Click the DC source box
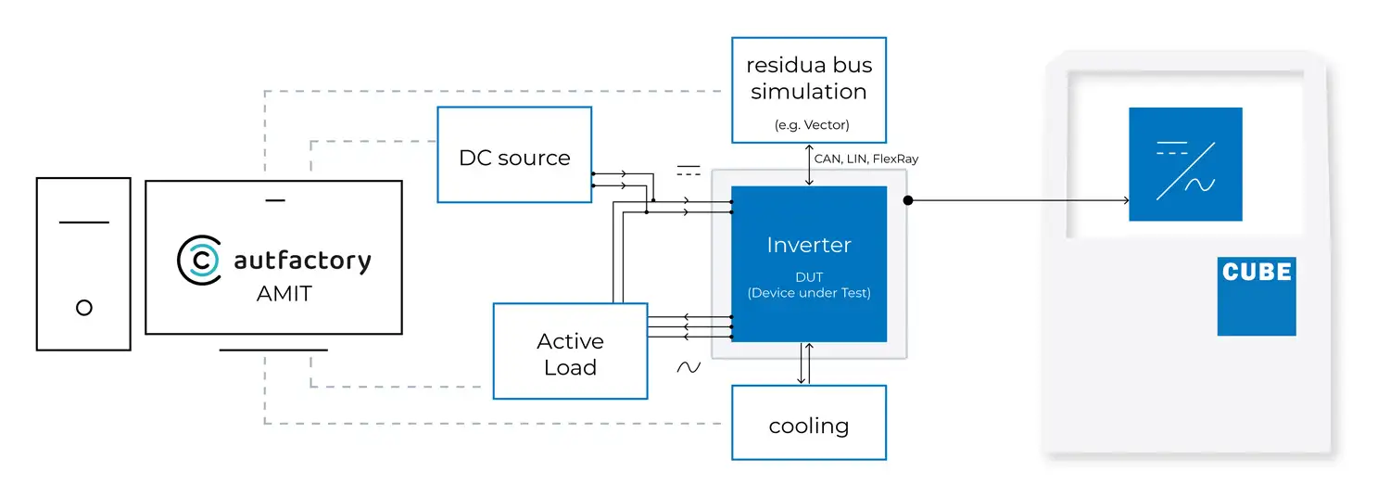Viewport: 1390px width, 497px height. pyautogui.click(x=514, y=155)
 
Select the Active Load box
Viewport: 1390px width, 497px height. pyautogui.click(x=570, y=351)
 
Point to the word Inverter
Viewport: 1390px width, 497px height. pyautogui.click(x=809, y=246)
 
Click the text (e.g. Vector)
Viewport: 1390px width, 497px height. pyautogui.click(x=809, y=124)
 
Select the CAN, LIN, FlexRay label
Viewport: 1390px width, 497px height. pyautogui.click(x=866, y=159)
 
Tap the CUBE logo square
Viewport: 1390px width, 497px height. pyautogui.click(x=1257, y=296)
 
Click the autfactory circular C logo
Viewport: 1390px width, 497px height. pyautogui.click(x=198, y=261)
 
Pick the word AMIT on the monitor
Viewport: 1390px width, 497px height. pyautogui.click(x=284, y=295)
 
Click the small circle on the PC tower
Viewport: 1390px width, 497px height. pyautogui.click(x=84, y=308)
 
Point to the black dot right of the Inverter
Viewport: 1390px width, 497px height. pyautogui.click(x=908, y=200)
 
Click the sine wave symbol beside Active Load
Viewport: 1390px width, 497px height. pyautogui.click(x=689, y=367)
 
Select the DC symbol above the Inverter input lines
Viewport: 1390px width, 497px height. pyautogui.click(x=689, y=171)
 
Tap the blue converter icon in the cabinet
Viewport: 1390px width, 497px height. pyautogui.click(x=1185, y=164)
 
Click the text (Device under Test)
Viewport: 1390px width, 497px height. pyautogui.click(x=809, y=293)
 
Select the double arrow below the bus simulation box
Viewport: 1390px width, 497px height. pyautogui.click(x=809, y=165)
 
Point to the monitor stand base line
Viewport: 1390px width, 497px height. pyautogui.click(x=273, y=350)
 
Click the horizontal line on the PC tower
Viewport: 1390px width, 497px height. pyautogui.click(x=84, y=223)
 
